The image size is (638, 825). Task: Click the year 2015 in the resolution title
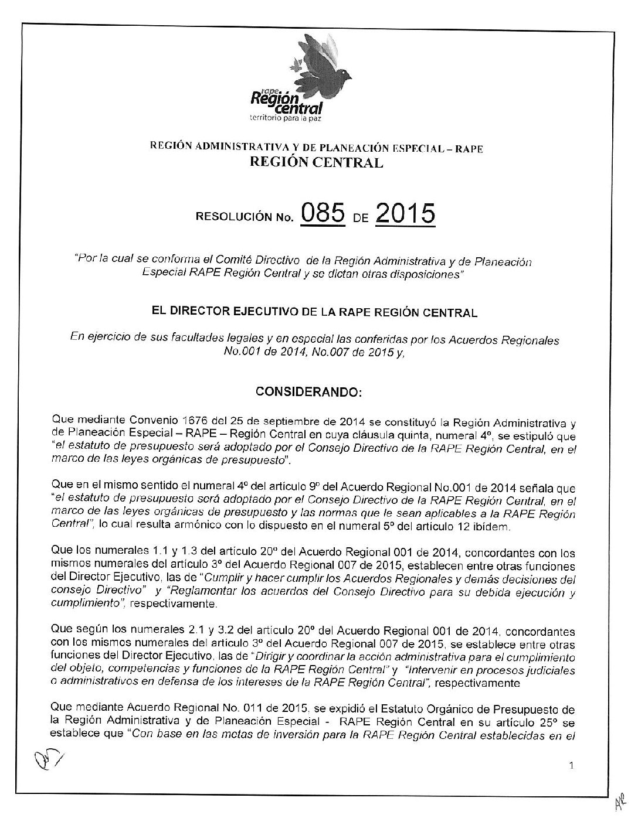pos(405,216)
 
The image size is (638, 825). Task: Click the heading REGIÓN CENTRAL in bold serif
pos(316,163)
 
